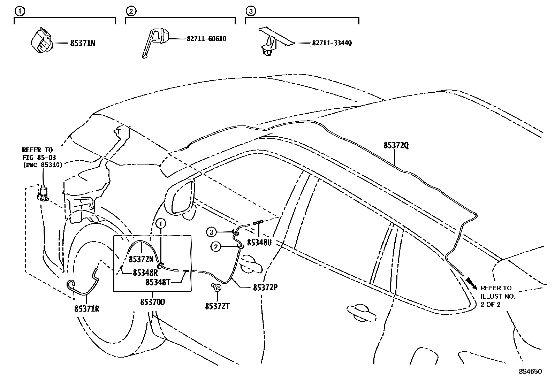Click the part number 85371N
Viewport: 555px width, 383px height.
(83, 43)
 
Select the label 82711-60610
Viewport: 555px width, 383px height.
(206, 39)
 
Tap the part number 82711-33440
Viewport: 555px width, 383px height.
(332, 43)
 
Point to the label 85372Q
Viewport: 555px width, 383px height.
(396, 145)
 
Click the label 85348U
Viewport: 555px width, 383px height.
(259, 243)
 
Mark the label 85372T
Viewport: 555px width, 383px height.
(217, 306)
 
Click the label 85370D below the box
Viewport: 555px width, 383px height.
(153, 302)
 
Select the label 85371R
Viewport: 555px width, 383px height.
(86, 309)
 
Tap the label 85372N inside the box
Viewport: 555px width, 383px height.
(141, 259)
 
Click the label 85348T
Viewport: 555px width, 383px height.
(158, 282)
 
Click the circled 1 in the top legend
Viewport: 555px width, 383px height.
(20, 12)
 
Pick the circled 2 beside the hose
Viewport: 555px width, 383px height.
(216, 247)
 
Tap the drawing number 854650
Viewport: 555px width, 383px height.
(531, 371)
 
